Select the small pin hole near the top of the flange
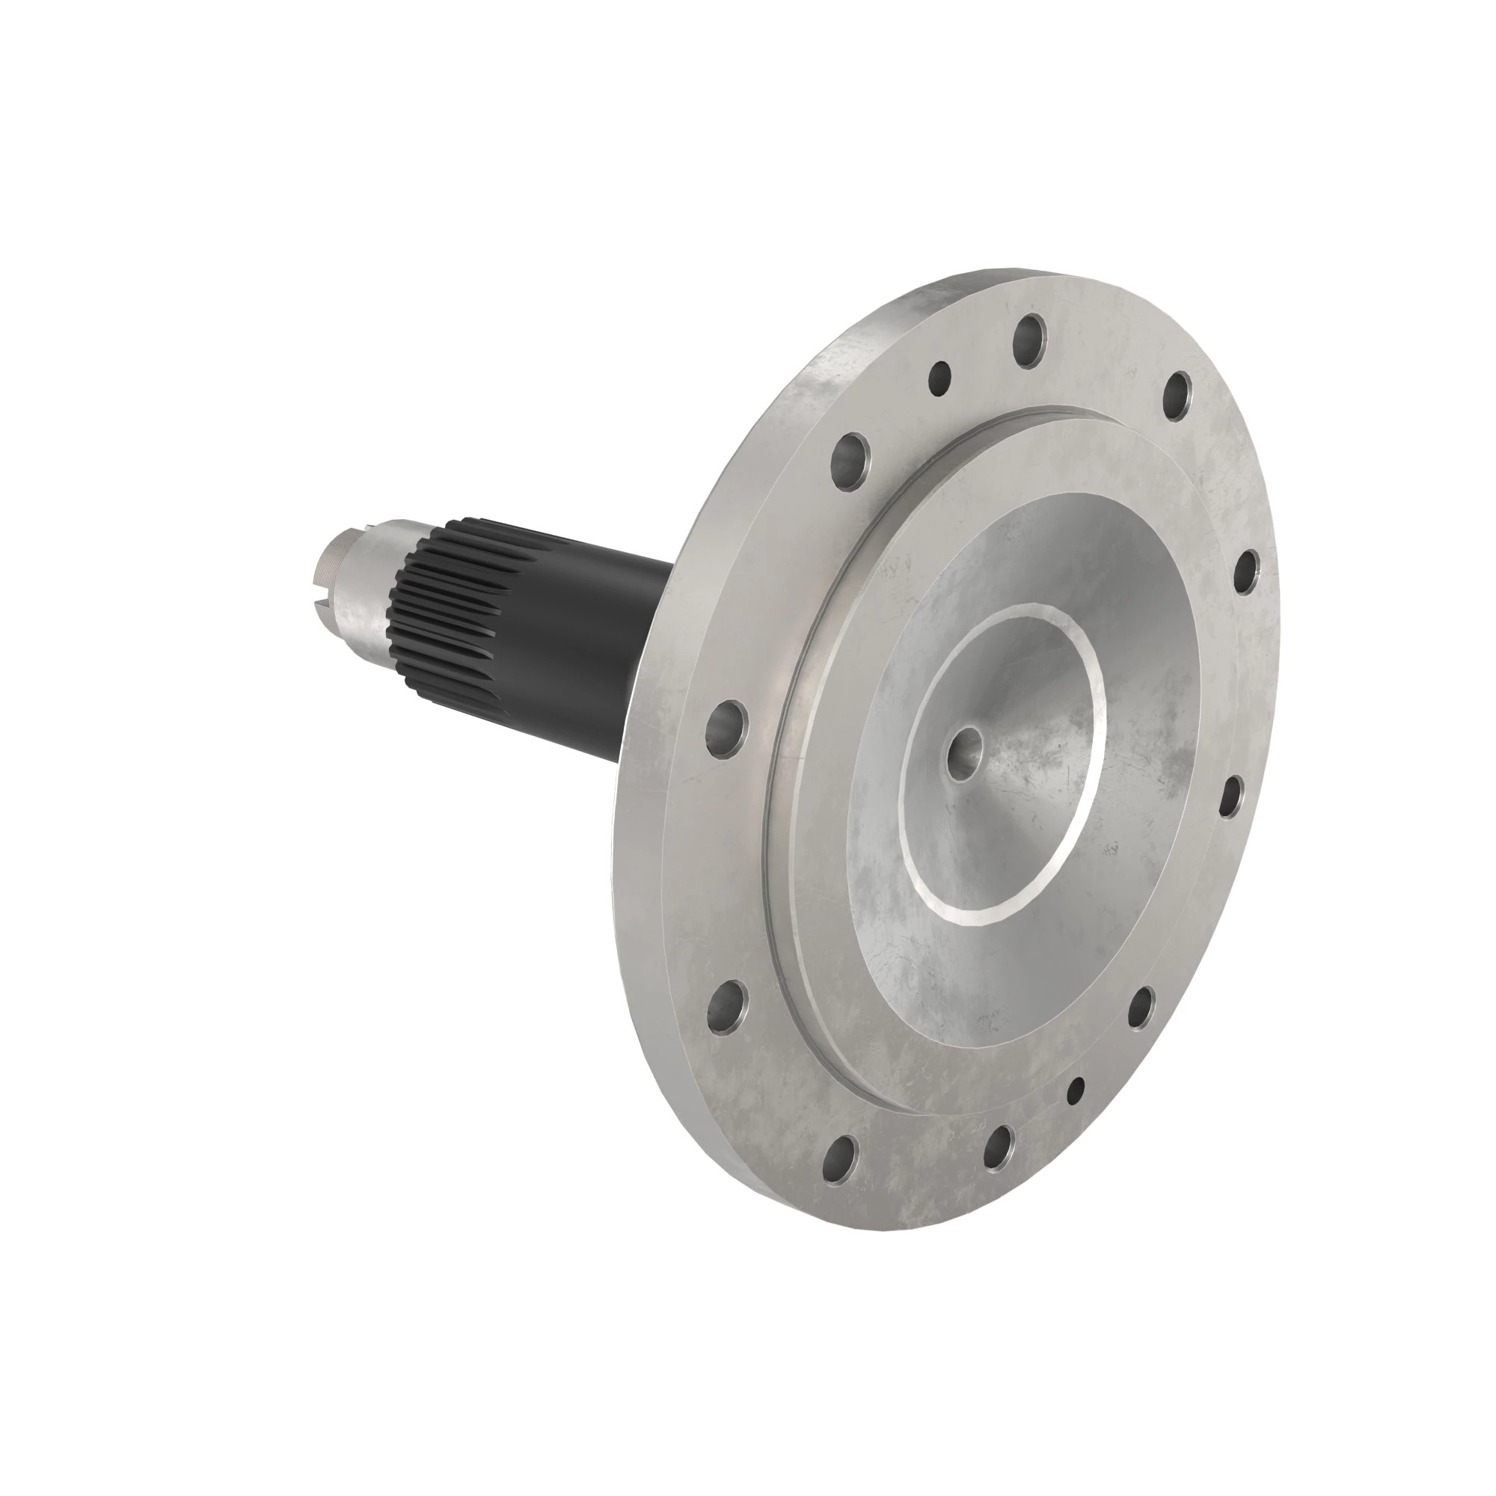[x=940, y=377]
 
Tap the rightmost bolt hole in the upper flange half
[x=1246, y=571]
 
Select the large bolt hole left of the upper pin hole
[x=851, y=461]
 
